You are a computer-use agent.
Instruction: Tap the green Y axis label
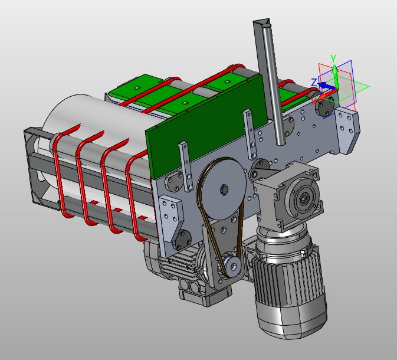[333, 58]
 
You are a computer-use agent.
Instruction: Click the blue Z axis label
[314, 83]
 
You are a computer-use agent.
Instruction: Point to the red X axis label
[314, 102]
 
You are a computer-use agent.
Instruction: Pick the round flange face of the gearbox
[303, 198]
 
